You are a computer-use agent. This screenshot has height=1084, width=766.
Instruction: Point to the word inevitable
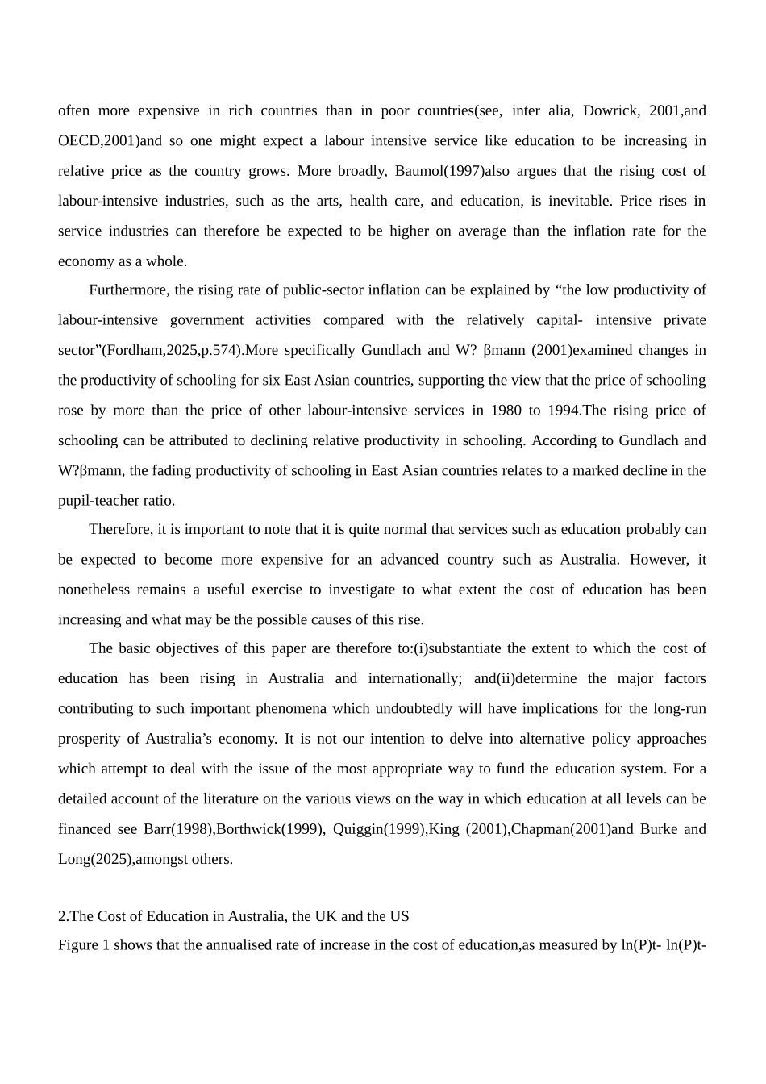pyautogui.click(x=580, y=201)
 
